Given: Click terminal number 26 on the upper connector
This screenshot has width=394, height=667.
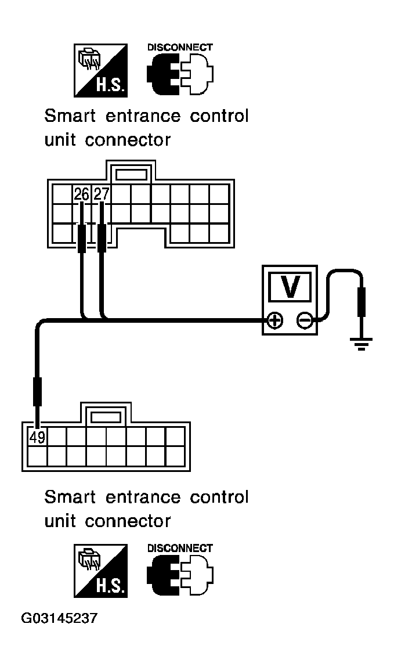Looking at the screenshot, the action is pyautogui.click(x=82, y=194).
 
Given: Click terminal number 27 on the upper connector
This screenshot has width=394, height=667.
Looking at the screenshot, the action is pyautogui.click(x=102, y=194).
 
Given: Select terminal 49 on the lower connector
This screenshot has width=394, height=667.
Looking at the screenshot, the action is pyautogui.click(x=37, y=437).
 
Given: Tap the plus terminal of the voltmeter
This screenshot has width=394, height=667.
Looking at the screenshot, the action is pyautogui.click(x=276, y=320).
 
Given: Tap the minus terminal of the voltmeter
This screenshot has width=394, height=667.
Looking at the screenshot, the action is pyautogui.click(x=304, y=320).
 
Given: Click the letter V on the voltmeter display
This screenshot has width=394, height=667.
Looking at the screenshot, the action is pyautogui.click(x=290, y=287).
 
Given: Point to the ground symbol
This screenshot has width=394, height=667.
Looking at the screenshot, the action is pyautogui.click(x=362, y=344).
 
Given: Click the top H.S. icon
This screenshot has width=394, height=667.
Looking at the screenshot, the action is pyautogui.click(x=100, y=70).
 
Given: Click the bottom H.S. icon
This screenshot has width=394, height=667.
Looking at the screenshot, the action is pyautogui.click(x=100, y=571).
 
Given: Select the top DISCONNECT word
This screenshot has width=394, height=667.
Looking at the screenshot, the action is pyautogui.click(x=180, y=47).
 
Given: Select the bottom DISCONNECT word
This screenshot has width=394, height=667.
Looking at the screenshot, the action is pyautogui.click(x=180, y=548).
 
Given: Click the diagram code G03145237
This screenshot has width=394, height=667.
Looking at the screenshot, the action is pyautogui.click(x=59, y=618).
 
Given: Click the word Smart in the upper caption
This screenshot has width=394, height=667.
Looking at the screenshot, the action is pyautogui.click(x=70, y=116).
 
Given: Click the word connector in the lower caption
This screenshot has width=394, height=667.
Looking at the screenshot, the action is pyautogui.click(x=128, y=521).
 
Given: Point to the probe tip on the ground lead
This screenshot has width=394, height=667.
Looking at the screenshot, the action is pyautogui.click(x=362, y=302).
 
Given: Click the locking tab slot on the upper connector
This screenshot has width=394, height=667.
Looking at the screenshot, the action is pyautogui.click(x=131, y=174).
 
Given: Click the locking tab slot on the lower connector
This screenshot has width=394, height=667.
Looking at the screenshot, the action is pyautogui.click(x=106, y=417).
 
